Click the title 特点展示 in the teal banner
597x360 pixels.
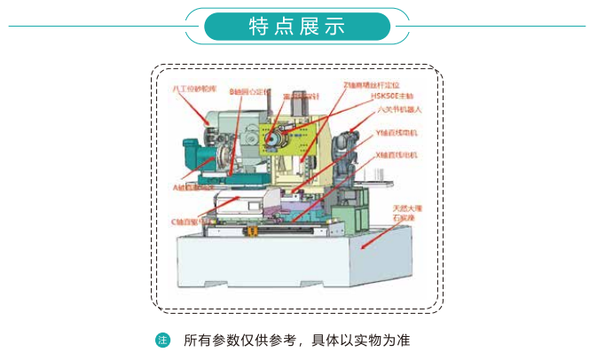tap(297, 27)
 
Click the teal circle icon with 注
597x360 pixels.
tap(162, 340)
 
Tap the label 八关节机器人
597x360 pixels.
tap(398, 109)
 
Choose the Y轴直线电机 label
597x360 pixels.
tap(395, 132)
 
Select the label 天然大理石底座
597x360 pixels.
tap(412, 213)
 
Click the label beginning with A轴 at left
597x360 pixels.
tap(191, 188)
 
